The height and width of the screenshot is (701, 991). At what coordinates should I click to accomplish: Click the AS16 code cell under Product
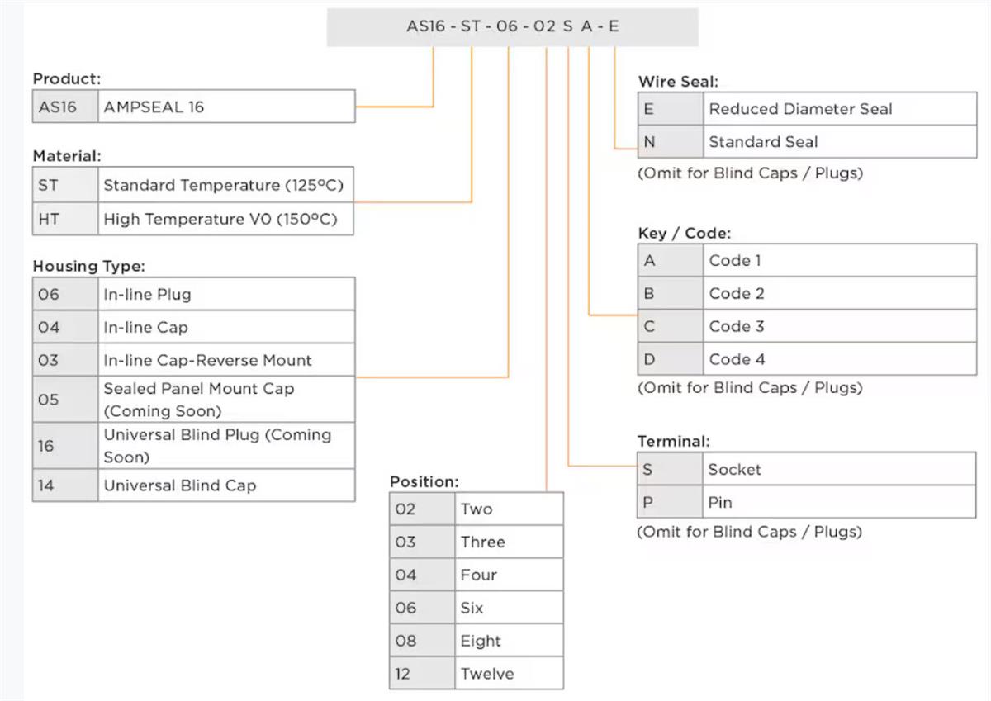coord(65,107)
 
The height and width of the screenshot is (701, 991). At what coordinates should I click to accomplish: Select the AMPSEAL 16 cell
coord(226,107)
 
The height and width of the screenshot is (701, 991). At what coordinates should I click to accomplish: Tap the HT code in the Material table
coord(65,219)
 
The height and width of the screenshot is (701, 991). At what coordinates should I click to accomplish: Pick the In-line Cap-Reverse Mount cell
coord(226,360)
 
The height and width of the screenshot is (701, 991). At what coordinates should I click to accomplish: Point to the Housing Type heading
coord(89,266)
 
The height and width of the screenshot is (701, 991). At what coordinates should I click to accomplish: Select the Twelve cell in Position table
coord(510,674)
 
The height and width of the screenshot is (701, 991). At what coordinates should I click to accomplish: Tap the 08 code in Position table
coord(422,641)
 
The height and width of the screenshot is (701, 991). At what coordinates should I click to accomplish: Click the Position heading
coord(424,481)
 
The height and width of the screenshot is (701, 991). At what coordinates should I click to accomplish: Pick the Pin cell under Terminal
coord(839,502)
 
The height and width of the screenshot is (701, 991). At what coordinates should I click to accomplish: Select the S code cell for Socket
coord(670,469)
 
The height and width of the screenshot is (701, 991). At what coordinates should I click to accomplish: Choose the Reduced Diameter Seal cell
coord(840,109)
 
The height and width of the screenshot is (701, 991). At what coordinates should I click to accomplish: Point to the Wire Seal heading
coord(678,82)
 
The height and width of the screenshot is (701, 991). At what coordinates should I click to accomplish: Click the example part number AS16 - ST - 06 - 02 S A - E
coord(513,26)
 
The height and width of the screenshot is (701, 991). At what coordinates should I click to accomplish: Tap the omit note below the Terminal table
coord(750,531)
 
